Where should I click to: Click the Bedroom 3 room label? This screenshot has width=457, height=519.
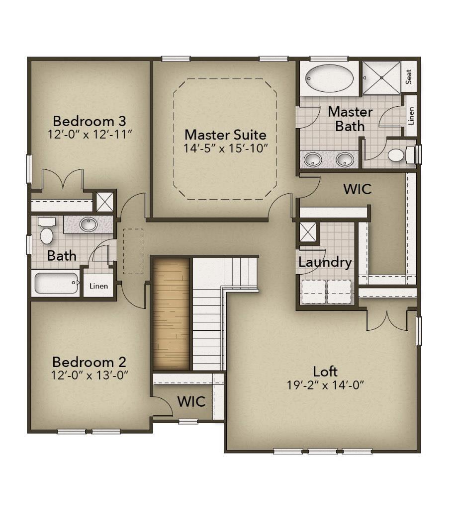point(89,121)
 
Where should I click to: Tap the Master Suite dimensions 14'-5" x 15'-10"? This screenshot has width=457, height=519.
point(225,148)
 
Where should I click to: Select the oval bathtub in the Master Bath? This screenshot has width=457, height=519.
point(329,78)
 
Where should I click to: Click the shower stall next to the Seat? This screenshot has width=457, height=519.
point(381,77)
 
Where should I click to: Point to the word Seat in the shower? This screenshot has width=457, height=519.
point(409,77)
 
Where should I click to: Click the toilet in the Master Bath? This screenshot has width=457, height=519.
point(397,155)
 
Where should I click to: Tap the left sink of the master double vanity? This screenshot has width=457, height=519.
point(313,160)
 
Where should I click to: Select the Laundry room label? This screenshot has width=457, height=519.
point(325,262)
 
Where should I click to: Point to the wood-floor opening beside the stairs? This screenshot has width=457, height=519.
point(171,314)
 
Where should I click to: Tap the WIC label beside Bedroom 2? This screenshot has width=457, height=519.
point(191,401)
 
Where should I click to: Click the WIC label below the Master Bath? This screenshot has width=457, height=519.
point(357,189)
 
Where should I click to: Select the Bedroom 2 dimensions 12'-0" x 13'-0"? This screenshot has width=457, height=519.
point(90,375)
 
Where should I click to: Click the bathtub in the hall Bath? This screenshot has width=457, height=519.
point(56,283)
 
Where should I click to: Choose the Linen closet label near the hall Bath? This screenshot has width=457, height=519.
point(98,286)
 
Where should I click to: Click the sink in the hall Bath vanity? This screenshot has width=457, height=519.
point(89,224)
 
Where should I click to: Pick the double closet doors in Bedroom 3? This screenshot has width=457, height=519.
point(62,179)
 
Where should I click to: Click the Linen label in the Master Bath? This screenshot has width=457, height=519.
point(411,116)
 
